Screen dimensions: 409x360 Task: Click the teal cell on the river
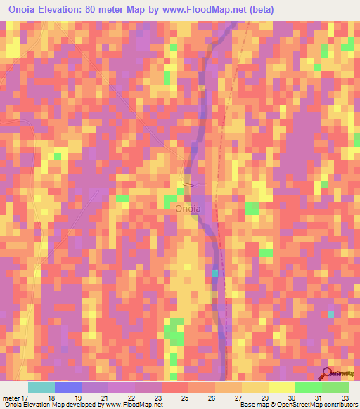point(215,273)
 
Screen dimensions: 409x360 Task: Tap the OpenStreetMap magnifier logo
point(327,374)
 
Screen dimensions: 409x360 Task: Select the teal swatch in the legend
point(41,387)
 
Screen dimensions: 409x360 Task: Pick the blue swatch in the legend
point(68,387)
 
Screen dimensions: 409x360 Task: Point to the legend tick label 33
point(345,397)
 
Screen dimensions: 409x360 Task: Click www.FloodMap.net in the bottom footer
point(133,405)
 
